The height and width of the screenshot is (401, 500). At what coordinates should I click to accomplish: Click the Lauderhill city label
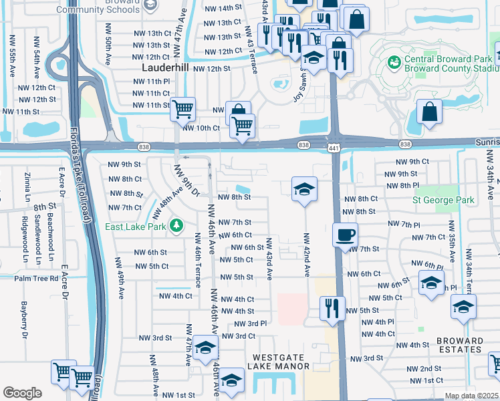(x=166, y=68)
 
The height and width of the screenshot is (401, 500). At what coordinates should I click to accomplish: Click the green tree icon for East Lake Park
(x=176, y=225)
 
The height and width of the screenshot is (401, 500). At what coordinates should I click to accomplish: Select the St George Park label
(x=443, y=200)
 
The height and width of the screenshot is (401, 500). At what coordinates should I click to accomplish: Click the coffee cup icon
(x=345, y=234)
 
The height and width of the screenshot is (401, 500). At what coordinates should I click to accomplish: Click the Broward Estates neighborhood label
(x=460, y=345)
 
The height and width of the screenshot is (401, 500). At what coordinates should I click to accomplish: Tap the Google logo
(x=22, y=393)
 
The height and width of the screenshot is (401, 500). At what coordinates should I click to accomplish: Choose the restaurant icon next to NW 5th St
(x=332, y=308)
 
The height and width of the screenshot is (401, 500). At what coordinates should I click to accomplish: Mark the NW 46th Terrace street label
(x=198, y=260)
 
